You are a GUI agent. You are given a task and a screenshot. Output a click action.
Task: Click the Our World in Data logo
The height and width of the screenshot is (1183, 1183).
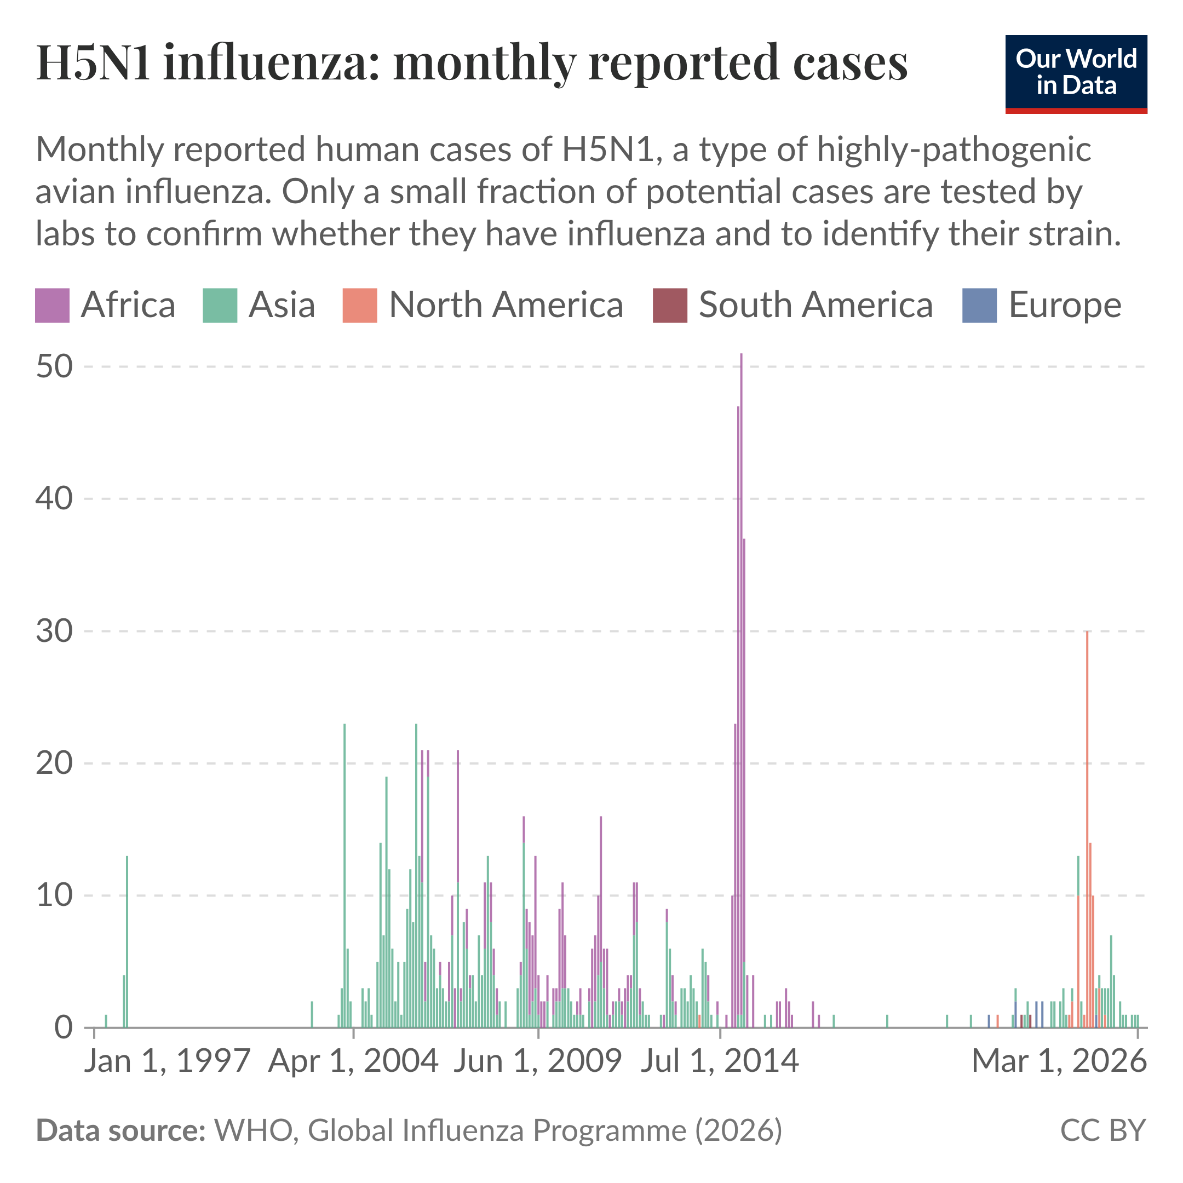(1076, 73)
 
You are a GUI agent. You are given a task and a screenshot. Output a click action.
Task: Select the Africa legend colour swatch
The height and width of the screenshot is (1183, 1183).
(52, 305)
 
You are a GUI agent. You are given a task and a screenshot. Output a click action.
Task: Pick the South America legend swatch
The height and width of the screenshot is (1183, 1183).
(670, 305)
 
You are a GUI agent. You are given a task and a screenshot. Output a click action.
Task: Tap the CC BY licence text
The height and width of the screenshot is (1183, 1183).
(1102, 1130)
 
